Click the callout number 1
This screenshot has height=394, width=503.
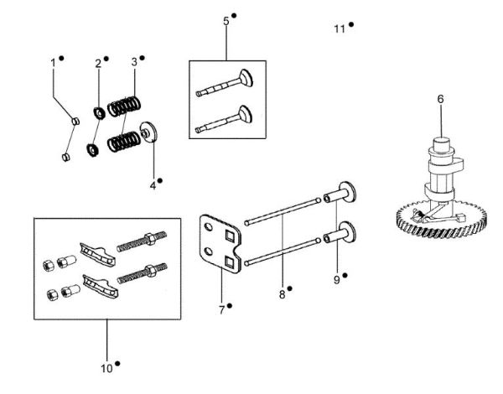[x=53, y=62]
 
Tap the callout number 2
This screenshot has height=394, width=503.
[x=98, y=63]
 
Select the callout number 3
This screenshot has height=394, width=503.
[x=134, y=62]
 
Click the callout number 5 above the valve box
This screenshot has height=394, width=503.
[x=226, y=20]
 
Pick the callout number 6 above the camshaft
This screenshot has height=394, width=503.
[x=440, y=99]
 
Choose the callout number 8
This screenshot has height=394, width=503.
[x=282, y=294]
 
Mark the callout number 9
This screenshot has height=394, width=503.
[x=336, y=280]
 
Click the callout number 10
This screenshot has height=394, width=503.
[x=107, y=368]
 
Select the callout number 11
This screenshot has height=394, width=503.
[x=340, y=29]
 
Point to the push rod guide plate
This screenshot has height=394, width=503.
[x=220, y=244]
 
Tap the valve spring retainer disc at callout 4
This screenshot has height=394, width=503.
[x=151, y=133]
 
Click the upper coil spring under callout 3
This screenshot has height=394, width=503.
[x=128, y=106]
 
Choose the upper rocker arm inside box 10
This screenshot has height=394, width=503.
[x=94, y=249]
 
